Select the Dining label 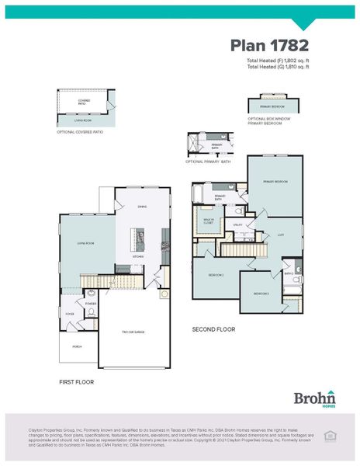(x=142, y=207)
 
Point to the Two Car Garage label (x=134, y=332)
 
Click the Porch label (x=77, y=347)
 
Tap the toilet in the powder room (x=92, y=311)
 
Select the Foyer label (x=69, y=315)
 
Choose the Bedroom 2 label (x=216, y=275)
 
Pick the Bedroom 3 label (x=260, y=294)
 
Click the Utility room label (x=238, y=225)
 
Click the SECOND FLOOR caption (x=213, y=329)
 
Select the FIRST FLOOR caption (x=78, y=382)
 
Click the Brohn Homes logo (x=313, y=397)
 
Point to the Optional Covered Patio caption (x=80, y=132)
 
